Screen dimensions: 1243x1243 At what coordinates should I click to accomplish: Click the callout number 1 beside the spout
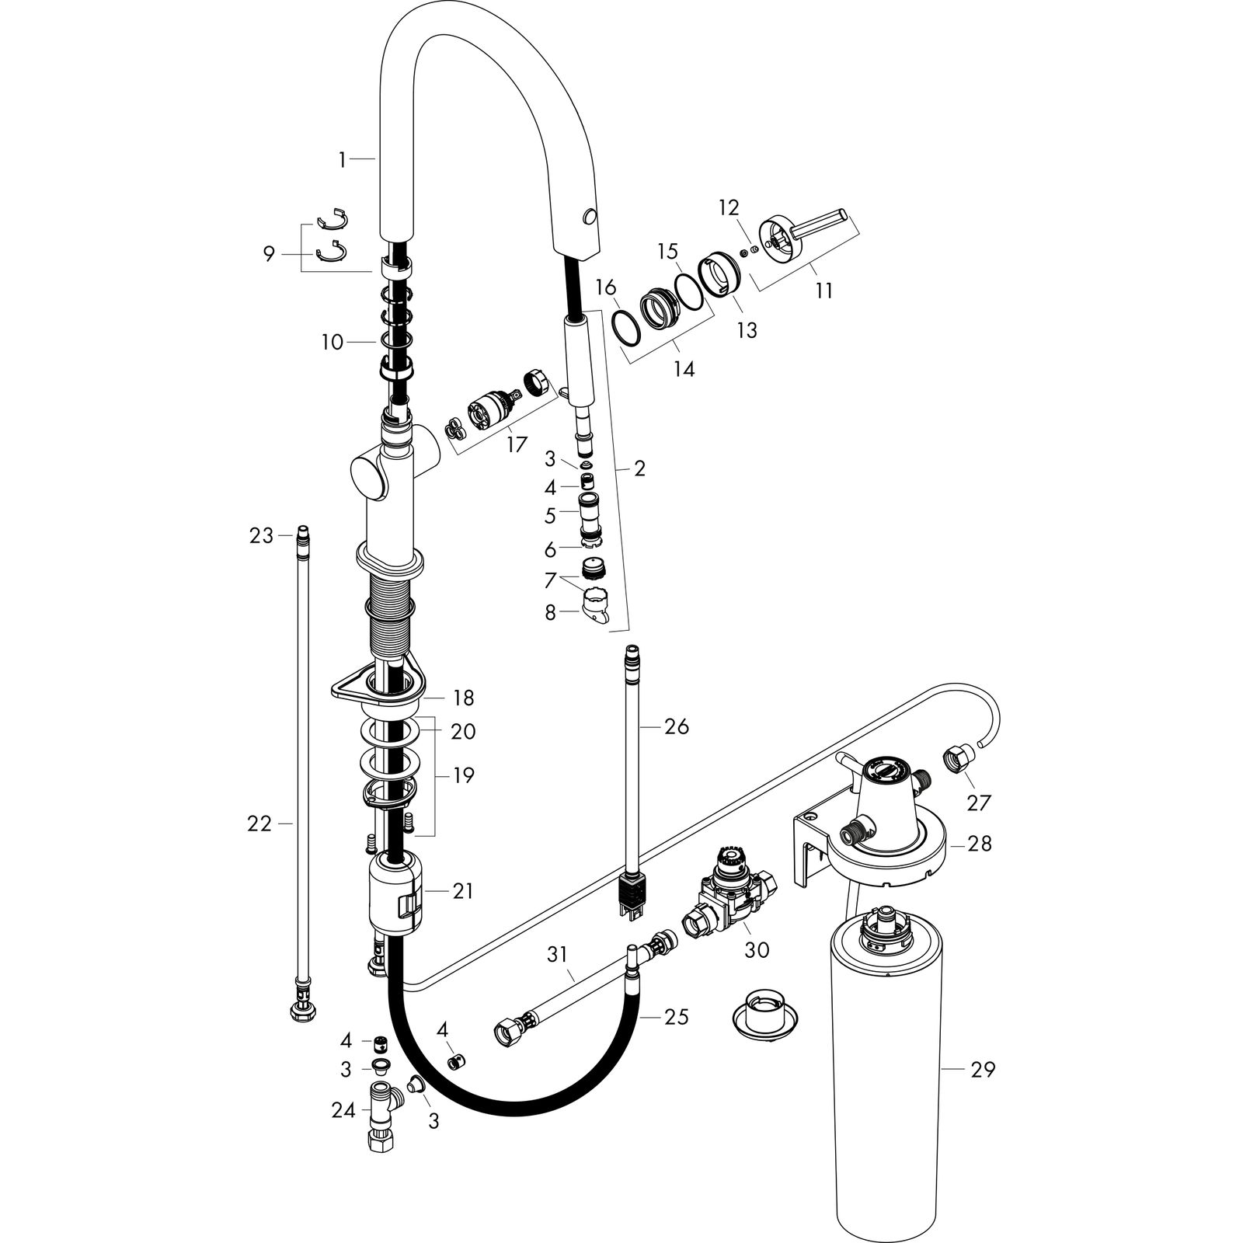pyautogui.click(x=341, y=160)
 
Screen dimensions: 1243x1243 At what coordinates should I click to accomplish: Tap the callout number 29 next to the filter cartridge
pyautogui.click(x=981, y=1070)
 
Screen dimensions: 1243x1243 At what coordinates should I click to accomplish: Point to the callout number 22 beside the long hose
pyautogui.click(x=260, y=823)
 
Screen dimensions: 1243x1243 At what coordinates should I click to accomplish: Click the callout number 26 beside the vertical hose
pyautogui.click(x=676, y=726)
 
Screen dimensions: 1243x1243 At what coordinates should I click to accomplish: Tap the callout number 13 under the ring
pyautogui.click(x=746, y=330)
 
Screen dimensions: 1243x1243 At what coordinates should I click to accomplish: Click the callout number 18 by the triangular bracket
pyautogui.click(x=463, y=698)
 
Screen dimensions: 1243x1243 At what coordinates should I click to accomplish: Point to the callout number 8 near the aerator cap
pyautogui.click(x=550, y=613)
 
